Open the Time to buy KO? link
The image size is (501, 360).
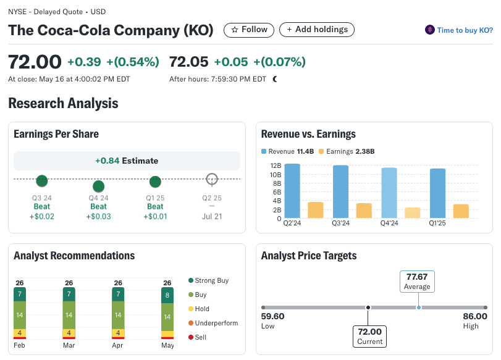coord(459,30)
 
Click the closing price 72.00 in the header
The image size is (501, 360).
coord(35,62)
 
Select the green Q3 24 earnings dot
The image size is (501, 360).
coord(42,181)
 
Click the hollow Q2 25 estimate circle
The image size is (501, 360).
coord(212,179)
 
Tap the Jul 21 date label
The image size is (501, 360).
coord(212,216)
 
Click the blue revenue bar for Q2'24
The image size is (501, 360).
coord(292,191)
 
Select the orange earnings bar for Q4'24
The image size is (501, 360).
coord(413,212)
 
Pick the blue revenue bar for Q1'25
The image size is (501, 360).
coord(437,193)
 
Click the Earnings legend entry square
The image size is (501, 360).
coord(321,151)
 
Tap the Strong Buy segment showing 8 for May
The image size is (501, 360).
coord(167,295)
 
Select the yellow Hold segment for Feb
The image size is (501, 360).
coord(20,333)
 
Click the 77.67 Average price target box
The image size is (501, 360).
coord(417,282)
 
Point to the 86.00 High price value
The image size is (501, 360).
coord(474,317)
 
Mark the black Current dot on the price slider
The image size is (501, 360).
coord(368,308)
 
